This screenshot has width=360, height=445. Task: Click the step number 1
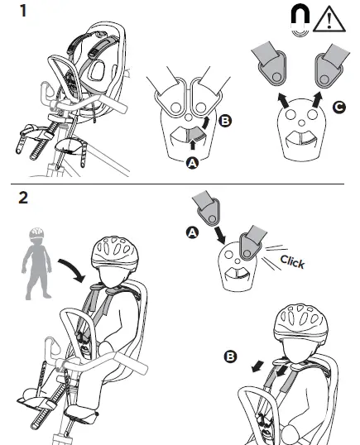(x=22, y=11)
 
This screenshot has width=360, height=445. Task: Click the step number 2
(x=23, y=197)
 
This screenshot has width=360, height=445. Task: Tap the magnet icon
(x=300, y=21)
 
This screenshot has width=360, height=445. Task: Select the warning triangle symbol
(x=329, y=19)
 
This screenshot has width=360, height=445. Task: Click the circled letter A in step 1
(x=192, y=164)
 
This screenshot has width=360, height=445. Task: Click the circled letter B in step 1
(x=225, y=121)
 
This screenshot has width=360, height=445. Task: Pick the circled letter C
(x=339, y=108)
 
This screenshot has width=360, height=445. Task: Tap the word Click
(x=292, y=262)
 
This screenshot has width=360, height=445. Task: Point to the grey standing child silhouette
(x=36, y=263)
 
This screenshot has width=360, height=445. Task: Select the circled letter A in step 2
(x=192, y=232)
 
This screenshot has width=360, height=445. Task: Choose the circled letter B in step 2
(x=230, y=356)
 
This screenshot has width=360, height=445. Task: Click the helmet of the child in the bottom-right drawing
(x=300, y=322)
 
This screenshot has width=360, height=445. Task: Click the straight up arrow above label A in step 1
(x=193, y=144)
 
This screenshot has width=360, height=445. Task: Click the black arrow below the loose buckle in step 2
(x=219, y=235)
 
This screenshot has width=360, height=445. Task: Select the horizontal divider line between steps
(x=177, y=184)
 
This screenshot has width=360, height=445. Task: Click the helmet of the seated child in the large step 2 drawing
(x=115, y=251)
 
